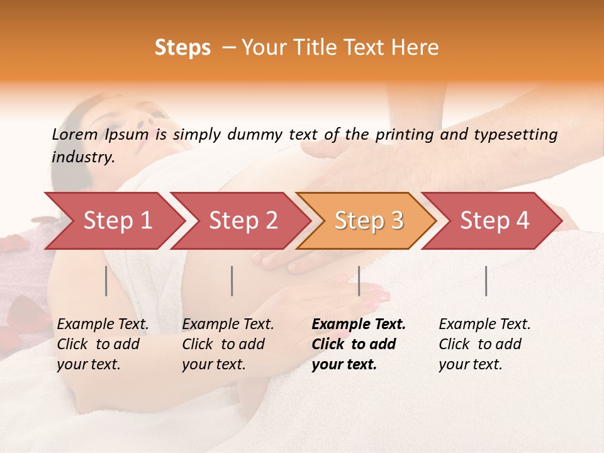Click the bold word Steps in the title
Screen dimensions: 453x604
tap(182, 48)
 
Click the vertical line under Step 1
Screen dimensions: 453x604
tap(106, 281)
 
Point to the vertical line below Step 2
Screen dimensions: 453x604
tap(232, 281)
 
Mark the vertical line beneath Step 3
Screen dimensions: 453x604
tap(359, 281)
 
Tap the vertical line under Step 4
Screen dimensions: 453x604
tap(486, 281)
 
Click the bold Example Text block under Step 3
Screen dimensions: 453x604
tap(359, 344)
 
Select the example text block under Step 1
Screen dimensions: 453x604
tap(103, 344)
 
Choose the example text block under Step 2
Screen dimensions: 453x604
tap(228, 344)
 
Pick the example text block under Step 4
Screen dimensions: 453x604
tap(484, 344)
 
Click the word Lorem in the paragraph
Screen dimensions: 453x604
tap(75, 134)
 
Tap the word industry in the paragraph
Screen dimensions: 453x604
tap(83, 157)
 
